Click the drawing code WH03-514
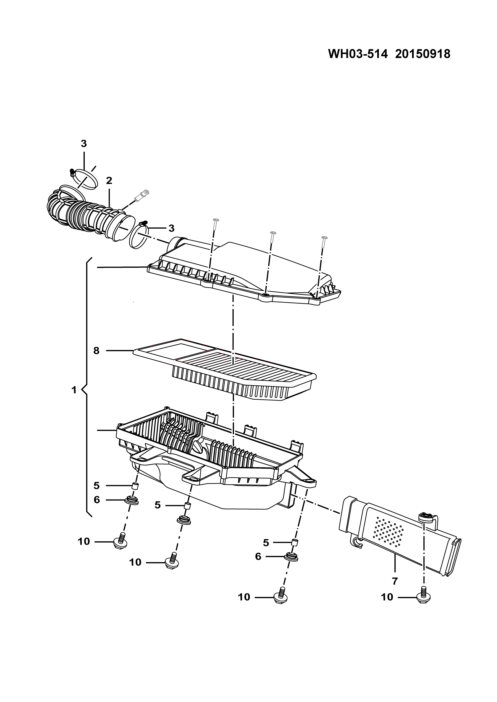[358, 54]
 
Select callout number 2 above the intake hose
[109, 181]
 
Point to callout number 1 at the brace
[74, 390]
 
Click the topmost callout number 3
[84, 143]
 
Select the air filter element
[233, 370]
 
